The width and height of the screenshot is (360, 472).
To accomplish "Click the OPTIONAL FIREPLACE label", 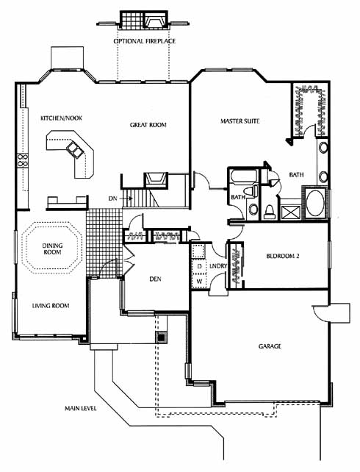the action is point(145,41).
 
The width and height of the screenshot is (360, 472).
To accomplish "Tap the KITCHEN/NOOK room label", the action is point(62,118).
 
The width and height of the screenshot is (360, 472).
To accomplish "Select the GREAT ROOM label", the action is point(148,125).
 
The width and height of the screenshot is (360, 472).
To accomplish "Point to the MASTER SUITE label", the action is point(240,121).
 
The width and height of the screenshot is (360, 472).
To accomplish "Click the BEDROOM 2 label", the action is point(283,256).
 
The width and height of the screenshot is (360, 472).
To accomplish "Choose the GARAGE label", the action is point(270,346).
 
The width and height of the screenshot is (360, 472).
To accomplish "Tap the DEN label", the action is point(155,279).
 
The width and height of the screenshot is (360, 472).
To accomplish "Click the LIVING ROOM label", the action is point(51,306).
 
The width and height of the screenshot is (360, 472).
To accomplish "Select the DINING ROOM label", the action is point(52,249).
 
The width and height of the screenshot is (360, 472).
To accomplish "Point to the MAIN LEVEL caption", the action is point(81,409).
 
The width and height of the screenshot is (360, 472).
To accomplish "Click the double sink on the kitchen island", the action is point(74,149).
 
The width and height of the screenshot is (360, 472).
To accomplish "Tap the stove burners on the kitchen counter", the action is point(23,160).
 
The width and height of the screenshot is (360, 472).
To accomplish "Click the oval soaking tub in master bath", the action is point(315,203).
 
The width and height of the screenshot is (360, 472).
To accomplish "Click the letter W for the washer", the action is point(199,282).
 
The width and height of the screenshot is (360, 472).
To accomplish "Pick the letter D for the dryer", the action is point(199,266).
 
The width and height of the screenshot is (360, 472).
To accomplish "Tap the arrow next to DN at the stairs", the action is point(126,199).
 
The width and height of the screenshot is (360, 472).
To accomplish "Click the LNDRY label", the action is point(218,266).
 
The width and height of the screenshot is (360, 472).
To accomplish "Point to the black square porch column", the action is point(162,337).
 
